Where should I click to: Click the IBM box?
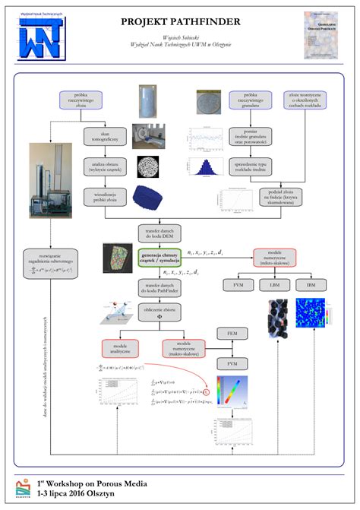coord(311,284)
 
